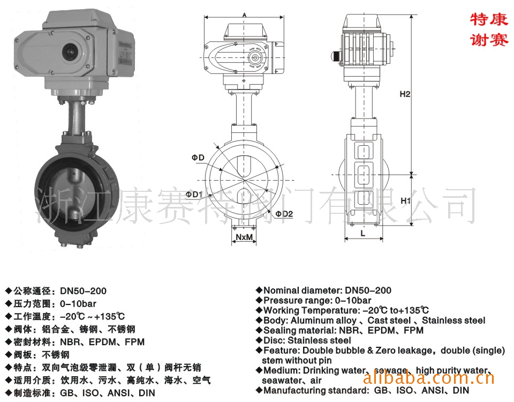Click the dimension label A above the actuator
pyautogui.click(x=245, y=15)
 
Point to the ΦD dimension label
pyautogui.click(x=198, y=158)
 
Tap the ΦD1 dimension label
pyautogui.click(x=194, y=194)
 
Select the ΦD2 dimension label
pyautogui.click(x=284, y=214)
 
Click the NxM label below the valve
pyautogui.click(x=244, y=236)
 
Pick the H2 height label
pyautogui.click(x=405, y=94)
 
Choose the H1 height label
pyautogui.click(x=405, y=200)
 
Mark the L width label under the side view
pyautogui.click(x=363, y=233)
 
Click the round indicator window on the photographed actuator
pyautogui.click(x=70, y=51)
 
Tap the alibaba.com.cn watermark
pyautogui.click(x=429, y=378)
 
